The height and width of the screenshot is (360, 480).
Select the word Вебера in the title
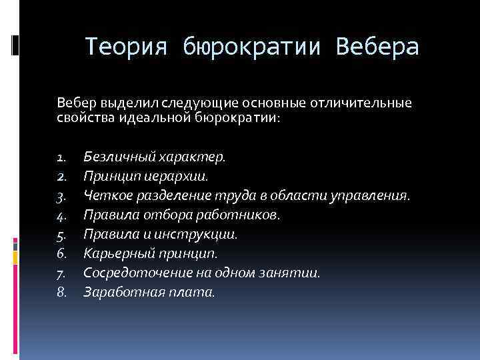point(379,47)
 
